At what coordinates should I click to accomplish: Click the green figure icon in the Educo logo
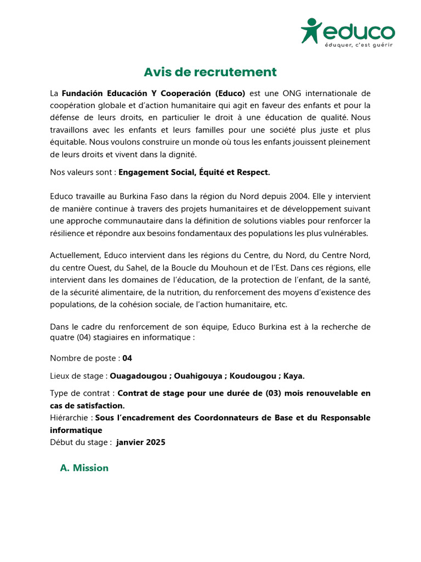tap(311, 30)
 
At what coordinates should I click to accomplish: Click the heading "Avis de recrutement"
tap(210, 72)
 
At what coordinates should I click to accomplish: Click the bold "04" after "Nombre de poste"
tap(127, 358)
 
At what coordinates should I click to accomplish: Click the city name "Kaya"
tap(292, 376)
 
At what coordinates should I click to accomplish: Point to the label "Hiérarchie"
tap(70, 418)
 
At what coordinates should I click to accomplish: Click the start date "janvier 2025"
tap(141, 442)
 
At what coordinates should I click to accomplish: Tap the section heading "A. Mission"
tap(84, 468)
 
